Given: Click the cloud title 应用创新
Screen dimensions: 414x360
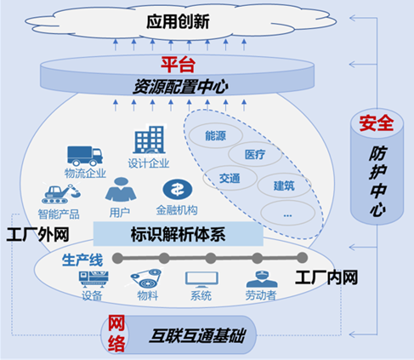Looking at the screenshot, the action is tap(178, 21).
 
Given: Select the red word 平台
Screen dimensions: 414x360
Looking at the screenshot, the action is tap(178, 65).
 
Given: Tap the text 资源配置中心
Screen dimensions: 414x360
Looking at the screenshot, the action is tap(180, 87).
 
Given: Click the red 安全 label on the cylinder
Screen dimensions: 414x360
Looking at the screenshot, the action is tap(377, 123).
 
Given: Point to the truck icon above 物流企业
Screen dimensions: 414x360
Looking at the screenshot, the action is tap(85, 156).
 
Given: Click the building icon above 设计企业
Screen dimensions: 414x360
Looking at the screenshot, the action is tap(150, 140).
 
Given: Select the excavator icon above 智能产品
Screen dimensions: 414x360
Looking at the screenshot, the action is tap(61, 194).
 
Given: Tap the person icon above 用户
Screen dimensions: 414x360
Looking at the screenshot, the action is tap(121, 189).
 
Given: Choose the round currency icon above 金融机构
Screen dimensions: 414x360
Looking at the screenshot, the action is tap(178, 190).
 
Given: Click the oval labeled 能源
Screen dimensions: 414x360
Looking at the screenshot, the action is tap(216, 136).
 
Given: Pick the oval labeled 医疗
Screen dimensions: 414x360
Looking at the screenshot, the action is tap(255, 154).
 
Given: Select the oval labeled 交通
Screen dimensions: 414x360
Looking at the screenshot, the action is tap(230, 178).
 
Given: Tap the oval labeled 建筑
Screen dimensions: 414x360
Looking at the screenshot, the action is tap(284, 186).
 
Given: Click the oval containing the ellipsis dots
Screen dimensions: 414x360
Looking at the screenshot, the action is tap(287, 213).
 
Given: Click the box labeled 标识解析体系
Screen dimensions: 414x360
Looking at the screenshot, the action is tap(179, 234).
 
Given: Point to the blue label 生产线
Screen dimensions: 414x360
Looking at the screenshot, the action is tap(82, 260).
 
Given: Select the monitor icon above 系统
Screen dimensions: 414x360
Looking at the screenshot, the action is tap(201, 279).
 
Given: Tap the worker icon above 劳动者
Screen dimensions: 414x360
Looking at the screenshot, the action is tap(262, 279).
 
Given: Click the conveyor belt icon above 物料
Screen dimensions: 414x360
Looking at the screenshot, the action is tap(146, 278).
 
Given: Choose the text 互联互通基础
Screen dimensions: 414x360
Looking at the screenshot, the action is tap(196, 335).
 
